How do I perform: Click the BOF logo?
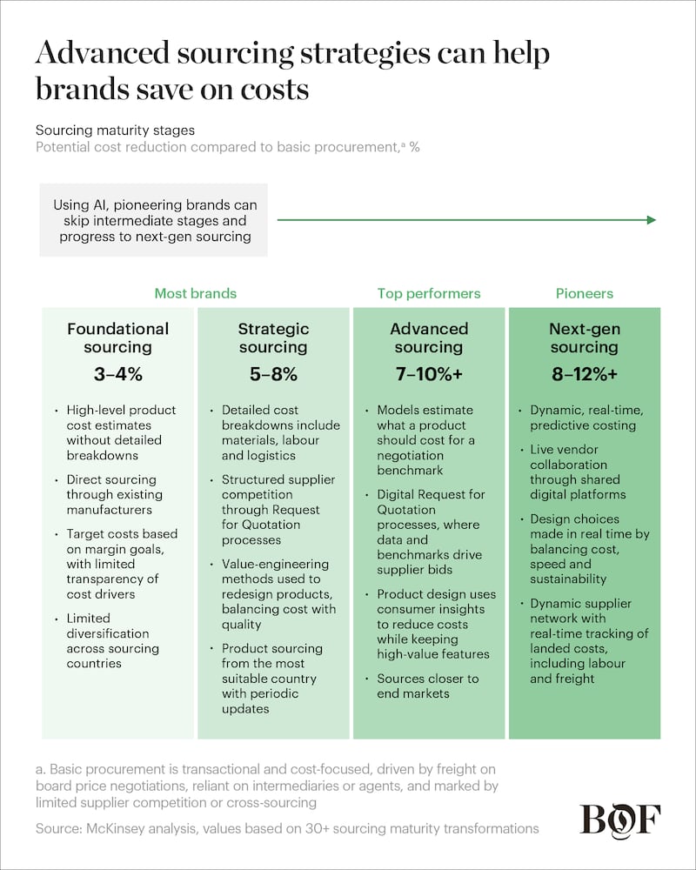620,820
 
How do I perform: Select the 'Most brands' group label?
195,293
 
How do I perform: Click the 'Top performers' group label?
429,293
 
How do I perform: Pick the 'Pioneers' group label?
584,293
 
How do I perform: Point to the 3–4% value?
118,375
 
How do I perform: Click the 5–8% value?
273,375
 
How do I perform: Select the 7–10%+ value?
429,375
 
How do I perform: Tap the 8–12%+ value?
584,375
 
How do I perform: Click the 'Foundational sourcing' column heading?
118,338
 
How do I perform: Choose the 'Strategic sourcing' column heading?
273,338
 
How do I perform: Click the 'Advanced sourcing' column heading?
429,338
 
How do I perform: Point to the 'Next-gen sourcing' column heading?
584,338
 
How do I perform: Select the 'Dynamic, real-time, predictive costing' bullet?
583,418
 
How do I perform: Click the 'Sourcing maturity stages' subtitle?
115,130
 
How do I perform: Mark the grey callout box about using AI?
153,220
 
